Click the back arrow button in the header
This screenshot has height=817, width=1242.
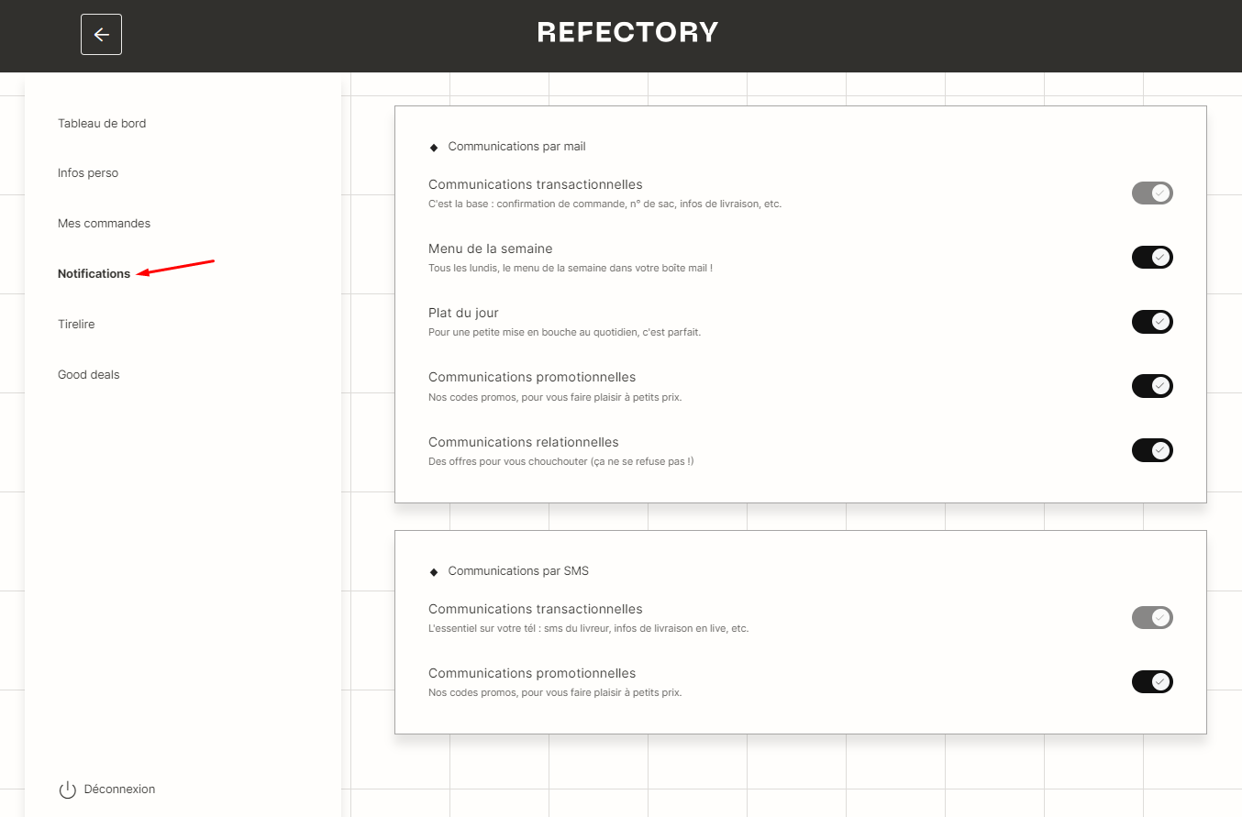(101, 34)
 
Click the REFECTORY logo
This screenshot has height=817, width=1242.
(627, 32)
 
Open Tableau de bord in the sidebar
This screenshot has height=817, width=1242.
(102, 123)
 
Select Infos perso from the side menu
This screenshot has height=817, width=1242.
(88, 173)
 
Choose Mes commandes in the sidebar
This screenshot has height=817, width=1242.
(105, 224)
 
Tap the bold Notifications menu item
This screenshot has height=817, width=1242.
(94, 274)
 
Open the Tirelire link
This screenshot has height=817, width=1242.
(76, 325)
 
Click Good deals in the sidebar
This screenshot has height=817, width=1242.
(89, 375)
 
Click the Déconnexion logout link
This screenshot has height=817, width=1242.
(120, 789)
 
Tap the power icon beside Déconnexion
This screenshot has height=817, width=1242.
(68, 789)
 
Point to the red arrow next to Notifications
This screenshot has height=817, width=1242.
(175, 267)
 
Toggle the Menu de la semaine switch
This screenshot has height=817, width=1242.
(1152, 257)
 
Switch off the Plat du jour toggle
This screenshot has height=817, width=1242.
(1152, 322)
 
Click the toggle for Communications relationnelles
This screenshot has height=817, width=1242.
(1152, 450)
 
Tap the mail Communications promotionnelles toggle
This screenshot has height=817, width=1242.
(1152, 386)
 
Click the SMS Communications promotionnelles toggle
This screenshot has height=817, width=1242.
(1152, 682)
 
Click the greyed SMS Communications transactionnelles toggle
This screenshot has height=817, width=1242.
(1152, 617)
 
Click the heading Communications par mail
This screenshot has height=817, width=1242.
(516, 147)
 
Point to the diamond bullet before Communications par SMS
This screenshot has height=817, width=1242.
(434, 572)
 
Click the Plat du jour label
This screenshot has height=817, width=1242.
(463, 314)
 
